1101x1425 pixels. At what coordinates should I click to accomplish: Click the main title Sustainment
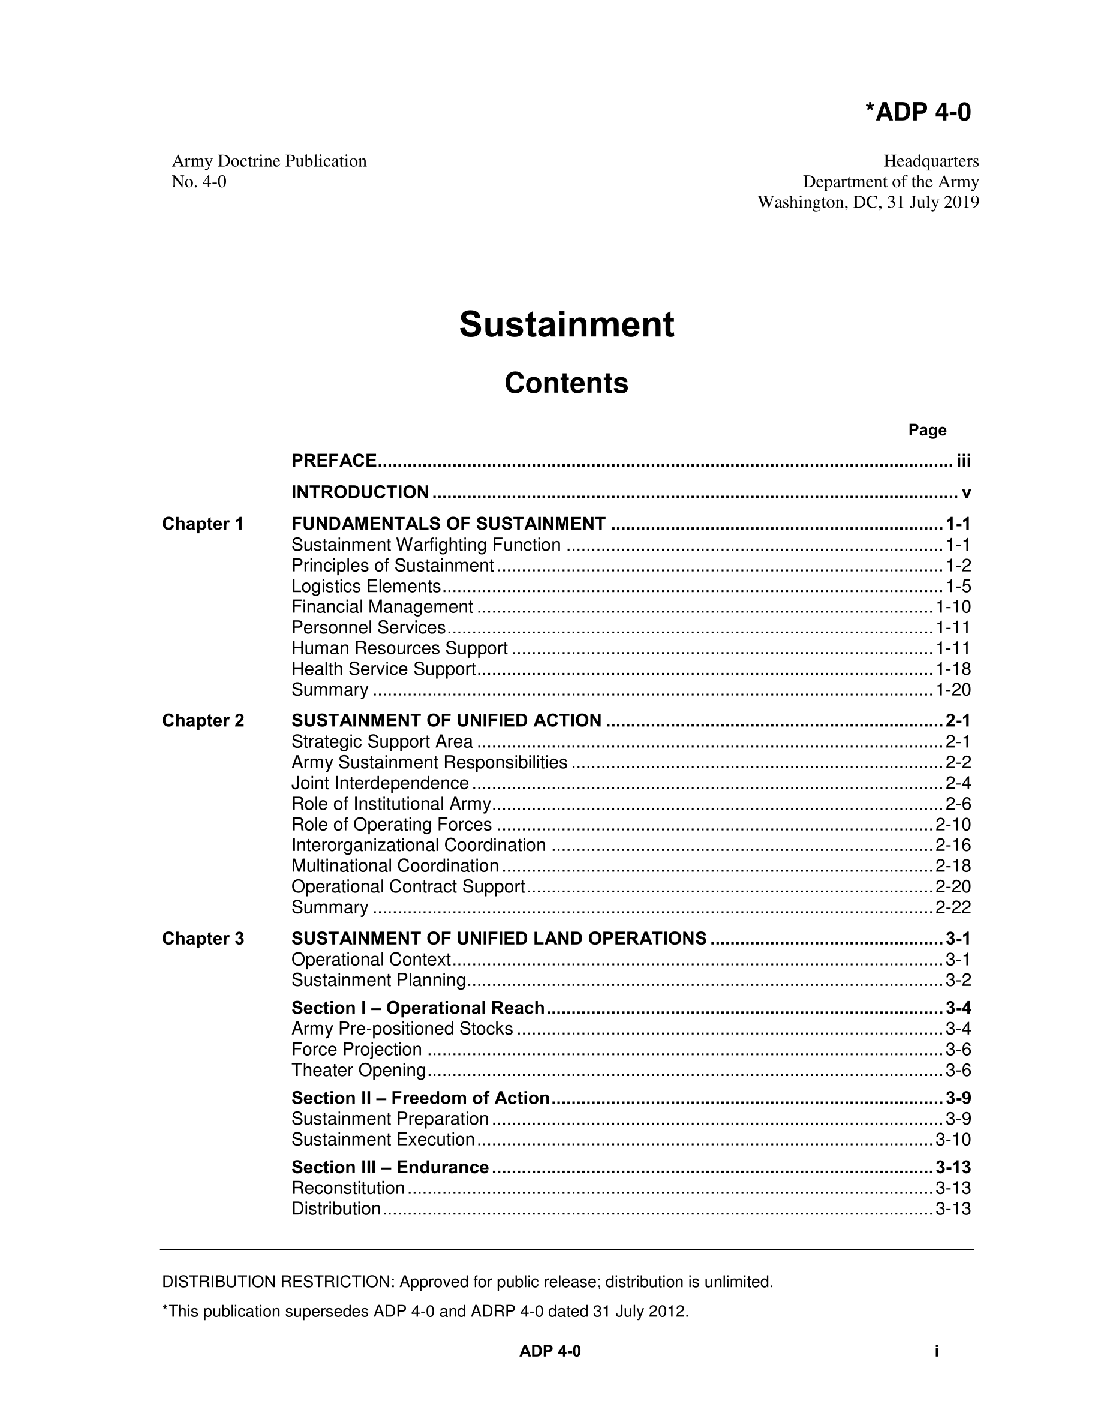[566, 324]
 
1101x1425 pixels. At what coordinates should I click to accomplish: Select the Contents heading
[566, 383]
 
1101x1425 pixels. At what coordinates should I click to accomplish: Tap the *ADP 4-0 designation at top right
[917, 112]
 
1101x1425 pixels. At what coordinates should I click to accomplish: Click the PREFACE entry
[334, 461]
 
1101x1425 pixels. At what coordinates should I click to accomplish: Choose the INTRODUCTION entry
[360, 492]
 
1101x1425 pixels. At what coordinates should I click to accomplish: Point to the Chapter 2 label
[203, 720]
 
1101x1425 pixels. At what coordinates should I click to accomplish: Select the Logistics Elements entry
[366, 586]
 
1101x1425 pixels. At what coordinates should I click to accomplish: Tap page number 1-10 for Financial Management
[953, 607]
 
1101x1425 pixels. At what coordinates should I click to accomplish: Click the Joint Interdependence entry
[380, 783]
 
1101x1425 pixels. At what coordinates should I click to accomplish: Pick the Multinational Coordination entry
[395, 866]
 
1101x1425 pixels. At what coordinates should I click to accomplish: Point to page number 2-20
[953, 886]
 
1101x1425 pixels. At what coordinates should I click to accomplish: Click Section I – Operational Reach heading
[417, 1008]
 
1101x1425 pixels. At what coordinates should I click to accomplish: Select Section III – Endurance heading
[390, 1167]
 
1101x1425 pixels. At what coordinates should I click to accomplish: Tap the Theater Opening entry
[359, 1070]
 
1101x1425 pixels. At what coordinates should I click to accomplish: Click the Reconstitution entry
[348, 1187]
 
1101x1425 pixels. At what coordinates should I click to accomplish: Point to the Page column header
[927, 430]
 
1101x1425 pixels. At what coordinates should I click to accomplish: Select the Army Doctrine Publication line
[269, 161]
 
